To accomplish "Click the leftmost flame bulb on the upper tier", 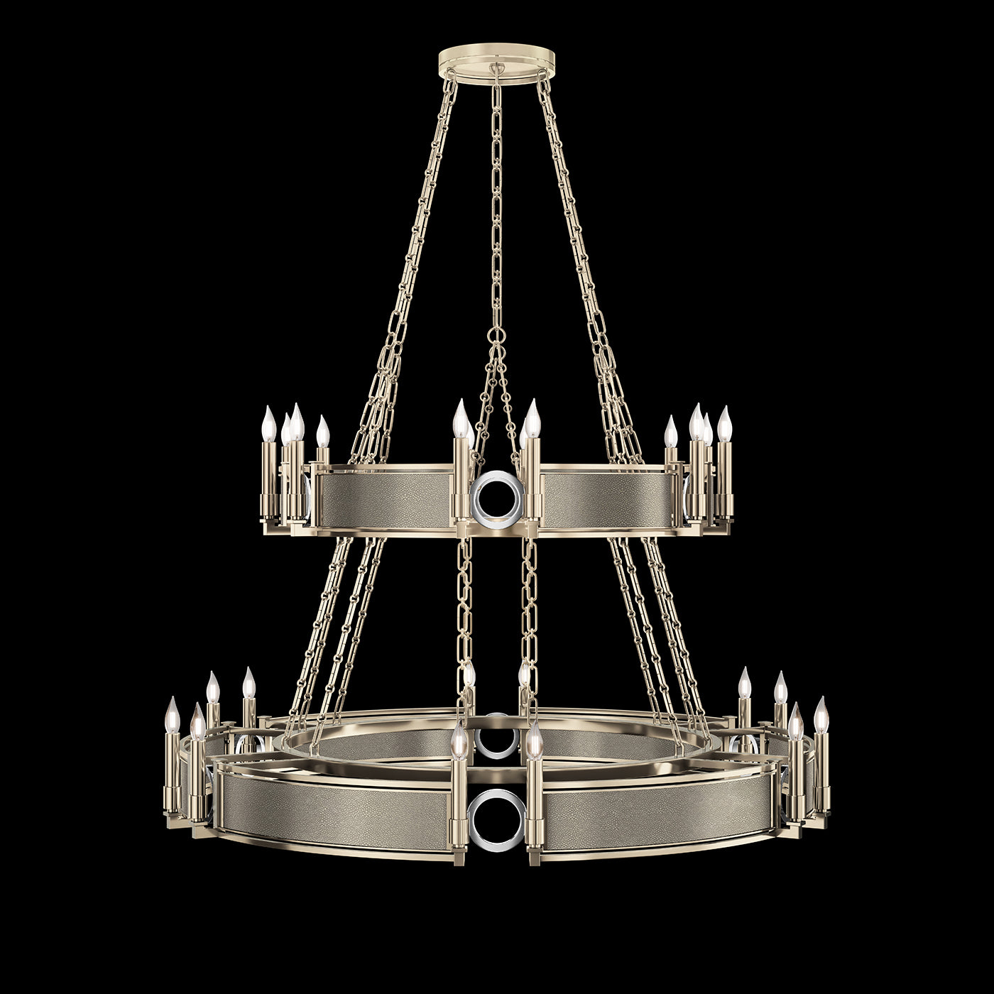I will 268,425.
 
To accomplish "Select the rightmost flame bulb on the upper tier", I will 724,425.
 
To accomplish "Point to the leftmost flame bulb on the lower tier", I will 173,715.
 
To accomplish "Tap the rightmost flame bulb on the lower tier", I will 821,715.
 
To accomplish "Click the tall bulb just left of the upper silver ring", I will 460,418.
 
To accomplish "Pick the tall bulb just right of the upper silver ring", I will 532,418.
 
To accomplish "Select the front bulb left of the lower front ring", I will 459,740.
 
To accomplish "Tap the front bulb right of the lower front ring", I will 535,740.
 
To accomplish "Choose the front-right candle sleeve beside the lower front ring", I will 535,795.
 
